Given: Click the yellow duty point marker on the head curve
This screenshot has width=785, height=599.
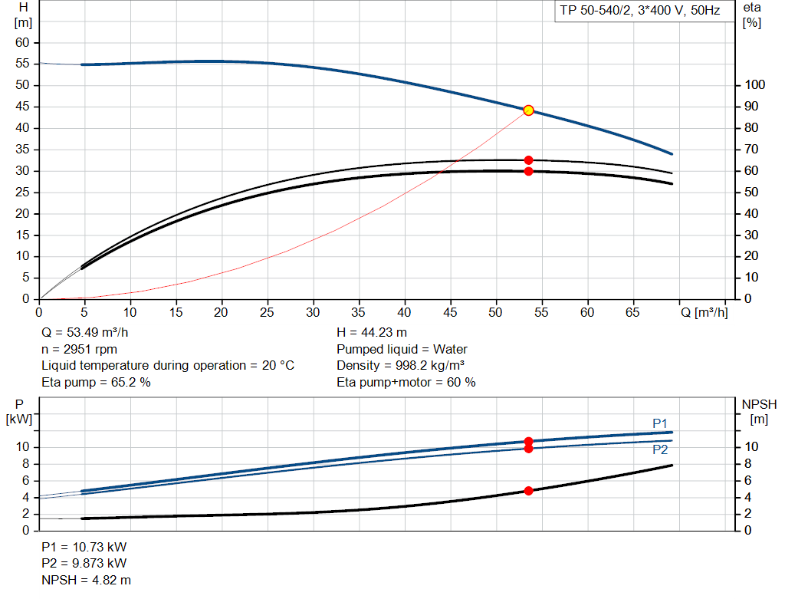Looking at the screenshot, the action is tap(528, 110).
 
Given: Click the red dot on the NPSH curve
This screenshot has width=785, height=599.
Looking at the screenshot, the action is tap(528, 491).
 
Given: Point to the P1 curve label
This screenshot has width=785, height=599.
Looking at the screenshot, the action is tap(660, 423).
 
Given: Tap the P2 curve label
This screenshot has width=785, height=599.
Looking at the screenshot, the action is tap(660, 449).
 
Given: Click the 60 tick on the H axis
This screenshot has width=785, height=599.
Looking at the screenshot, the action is tap(22, 43).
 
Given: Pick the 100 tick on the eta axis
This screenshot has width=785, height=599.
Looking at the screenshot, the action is tap(754, 84).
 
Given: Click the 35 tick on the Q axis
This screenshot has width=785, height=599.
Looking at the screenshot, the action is tap(359, 312).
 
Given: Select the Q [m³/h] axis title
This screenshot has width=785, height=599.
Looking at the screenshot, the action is tap(704, 312).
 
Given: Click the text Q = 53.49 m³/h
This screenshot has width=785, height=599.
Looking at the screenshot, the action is tap(84, 333).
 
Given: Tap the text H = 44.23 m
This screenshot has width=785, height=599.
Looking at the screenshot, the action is tap(372, 333).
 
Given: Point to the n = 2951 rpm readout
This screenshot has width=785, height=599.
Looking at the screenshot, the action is tap(79, 349).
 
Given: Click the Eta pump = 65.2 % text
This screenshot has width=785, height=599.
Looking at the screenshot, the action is tap(96, 382).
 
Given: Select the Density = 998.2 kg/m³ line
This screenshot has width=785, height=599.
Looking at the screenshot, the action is tap(400, 366).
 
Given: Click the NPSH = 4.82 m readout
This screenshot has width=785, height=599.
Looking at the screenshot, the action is tap(86, 580).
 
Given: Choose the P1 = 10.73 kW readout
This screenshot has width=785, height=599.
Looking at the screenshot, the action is tap(84, 547).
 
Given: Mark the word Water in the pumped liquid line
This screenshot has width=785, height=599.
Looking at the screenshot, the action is tap(450, 349).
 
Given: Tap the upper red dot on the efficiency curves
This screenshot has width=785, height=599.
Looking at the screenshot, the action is tap(528, 160).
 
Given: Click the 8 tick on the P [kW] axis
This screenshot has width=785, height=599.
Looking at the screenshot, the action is tap(25, 464).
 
